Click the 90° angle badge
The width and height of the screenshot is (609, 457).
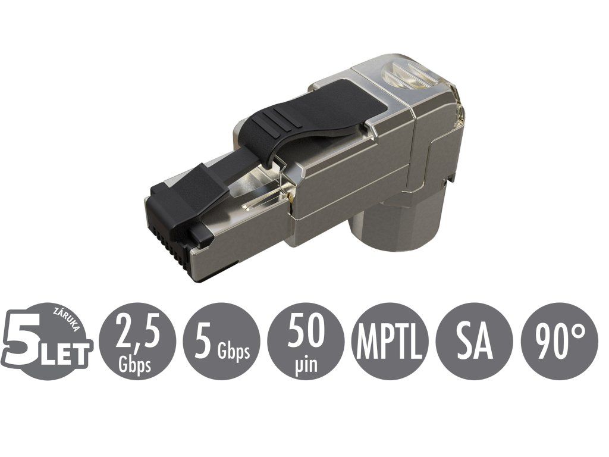(560, 341)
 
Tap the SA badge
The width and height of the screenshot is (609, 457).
(475, 341)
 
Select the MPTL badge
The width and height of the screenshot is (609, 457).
(390, 341)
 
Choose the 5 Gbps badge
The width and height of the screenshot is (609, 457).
(221, 341)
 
